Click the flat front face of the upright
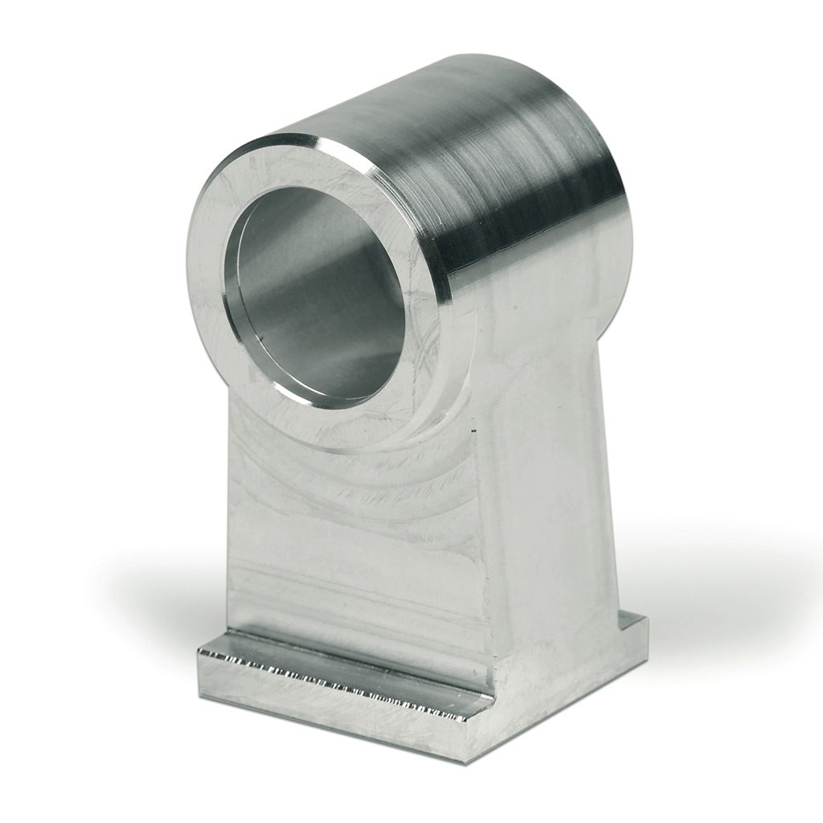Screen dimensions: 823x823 (x=354, y=547)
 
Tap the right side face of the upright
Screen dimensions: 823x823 (x=555, y=483)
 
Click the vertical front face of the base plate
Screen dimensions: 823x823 (x=321, y=716)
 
